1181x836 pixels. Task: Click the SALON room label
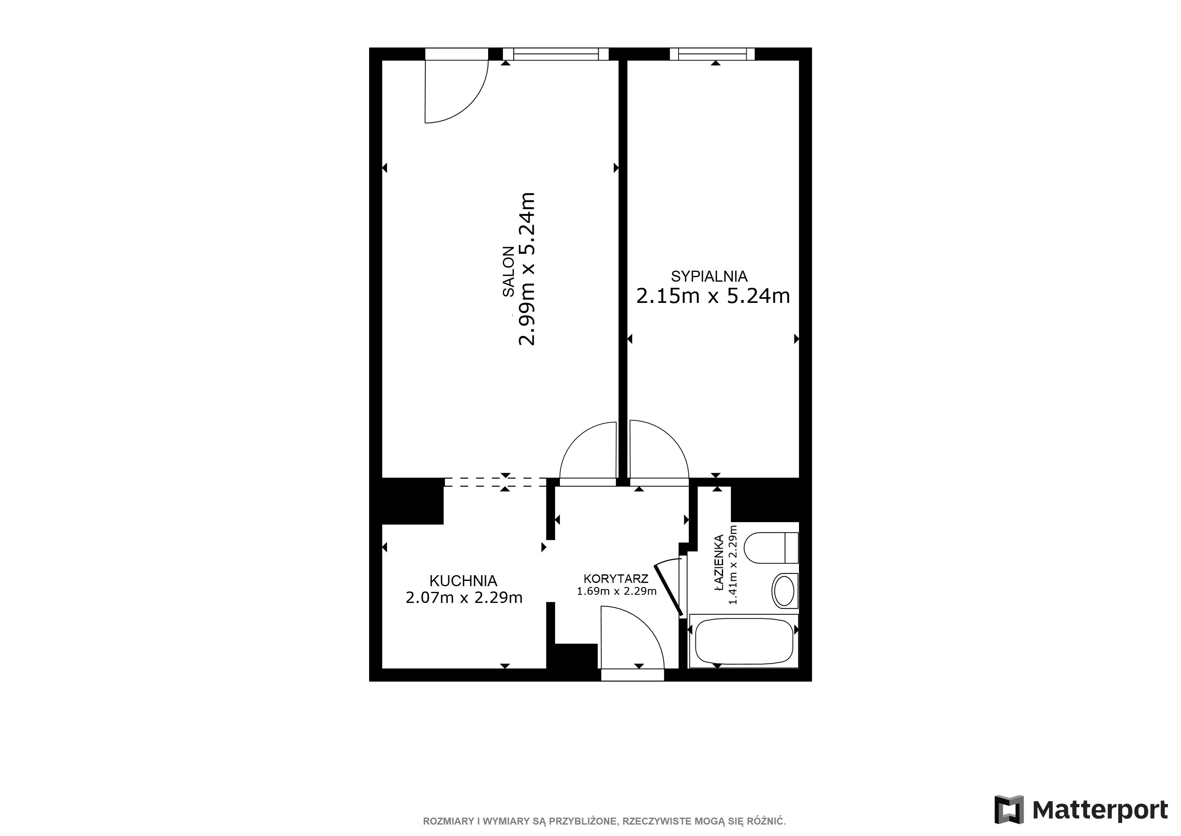pyautogui.click(x=508, y=271)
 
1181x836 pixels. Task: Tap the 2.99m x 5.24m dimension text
pyautogui.click(x=527, y=269)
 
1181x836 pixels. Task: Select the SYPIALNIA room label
pyautogui.click(x=709, y=276)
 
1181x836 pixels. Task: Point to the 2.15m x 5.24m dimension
pyautogui.click(x=713, y=296)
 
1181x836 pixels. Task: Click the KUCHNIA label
pyautogui.click(x=463, y=581)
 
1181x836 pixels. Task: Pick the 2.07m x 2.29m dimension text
pyautogui.click(x=464, y=597)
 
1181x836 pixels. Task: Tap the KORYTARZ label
pyautogui.click(x=616, y=578)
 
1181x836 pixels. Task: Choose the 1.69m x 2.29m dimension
pyautogui.click(x=616, y=591)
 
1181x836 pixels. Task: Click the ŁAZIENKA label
pyautogui.click(x=719, y=562)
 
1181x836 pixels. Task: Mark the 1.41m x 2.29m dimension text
pyautogui.click(x=732, y=565)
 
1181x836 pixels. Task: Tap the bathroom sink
pyautogui.click(x=785, y=591)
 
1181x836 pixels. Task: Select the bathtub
pyautogui.click(x=744, y=640)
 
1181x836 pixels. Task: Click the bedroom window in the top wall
pyautogui.click(x=712, y=54)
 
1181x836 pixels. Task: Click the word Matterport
pyautogui.click(x=1100, y=810)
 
